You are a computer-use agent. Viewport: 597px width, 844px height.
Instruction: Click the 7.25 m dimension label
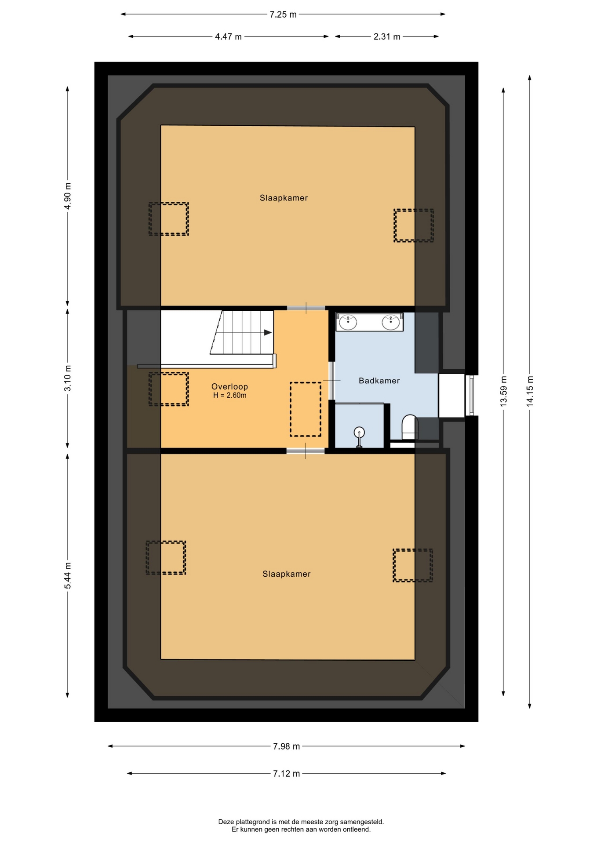pos(283,15)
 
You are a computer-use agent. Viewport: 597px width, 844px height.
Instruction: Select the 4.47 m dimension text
pos(228,37)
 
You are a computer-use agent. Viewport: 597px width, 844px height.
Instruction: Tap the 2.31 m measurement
pos(387,37)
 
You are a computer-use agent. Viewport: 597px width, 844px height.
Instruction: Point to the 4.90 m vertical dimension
pos(68,196)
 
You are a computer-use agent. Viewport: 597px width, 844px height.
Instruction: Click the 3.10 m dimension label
pos(68,378)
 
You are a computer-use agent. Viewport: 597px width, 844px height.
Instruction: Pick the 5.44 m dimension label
pos(68,576)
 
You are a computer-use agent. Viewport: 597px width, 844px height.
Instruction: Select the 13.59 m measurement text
pos(504,391)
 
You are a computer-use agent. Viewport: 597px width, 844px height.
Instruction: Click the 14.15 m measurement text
pos(530,391)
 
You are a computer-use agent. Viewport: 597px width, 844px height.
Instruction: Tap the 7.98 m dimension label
pos(287,746)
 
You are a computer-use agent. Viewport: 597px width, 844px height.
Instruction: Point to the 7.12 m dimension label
pos(287,774)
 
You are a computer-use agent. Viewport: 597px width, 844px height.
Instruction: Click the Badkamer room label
pos(379,381)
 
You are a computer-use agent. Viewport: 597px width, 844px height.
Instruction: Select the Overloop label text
pos(229,386)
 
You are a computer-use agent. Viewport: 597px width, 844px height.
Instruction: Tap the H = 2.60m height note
pos(230,396)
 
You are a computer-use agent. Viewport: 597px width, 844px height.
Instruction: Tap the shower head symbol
pos(360,433)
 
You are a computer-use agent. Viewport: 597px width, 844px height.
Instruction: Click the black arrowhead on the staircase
pos(268,333)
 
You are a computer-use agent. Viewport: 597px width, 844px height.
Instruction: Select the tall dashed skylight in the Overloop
pos(306,409)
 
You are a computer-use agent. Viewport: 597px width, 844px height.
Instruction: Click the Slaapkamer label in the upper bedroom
pos(284,198)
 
